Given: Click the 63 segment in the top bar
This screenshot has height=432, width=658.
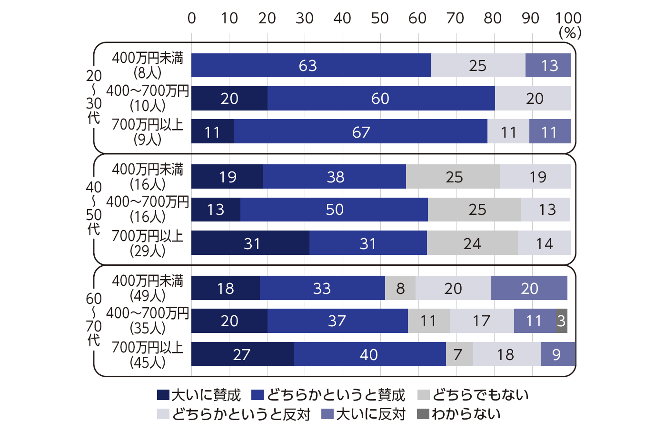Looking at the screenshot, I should click(311, 65).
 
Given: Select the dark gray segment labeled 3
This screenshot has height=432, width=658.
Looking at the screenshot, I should click(562, 321).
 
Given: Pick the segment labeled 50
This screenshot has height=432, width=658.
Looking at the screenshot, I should click(334, 209).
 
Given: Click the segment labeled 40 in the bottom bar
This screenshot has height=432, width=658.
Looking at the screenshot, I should click(370, 354).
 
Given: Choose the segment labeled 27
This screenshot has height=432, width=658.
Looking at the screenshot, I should click(243, 354).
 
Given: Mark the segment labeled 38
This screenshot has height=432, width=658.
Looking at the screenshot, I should click(335, 176).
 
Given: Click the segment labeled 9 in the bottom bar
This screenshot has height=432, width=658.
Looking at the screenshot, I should click(558, 354).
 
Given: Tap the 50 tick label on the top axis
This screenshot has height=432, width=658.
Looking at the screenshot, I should click(380, 18).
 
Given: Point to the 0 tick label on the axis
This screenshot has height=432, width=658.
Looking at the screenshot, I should click(192, 18).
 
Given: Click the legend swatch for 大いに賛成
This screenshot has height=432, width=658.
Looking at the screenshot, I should click(163, 395).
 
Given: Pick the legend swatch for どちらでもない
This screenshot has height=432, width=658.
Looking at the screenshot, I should click(423, 395).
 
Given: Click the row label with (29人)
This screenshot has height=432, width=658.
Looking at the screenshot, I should click(147, 243).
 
